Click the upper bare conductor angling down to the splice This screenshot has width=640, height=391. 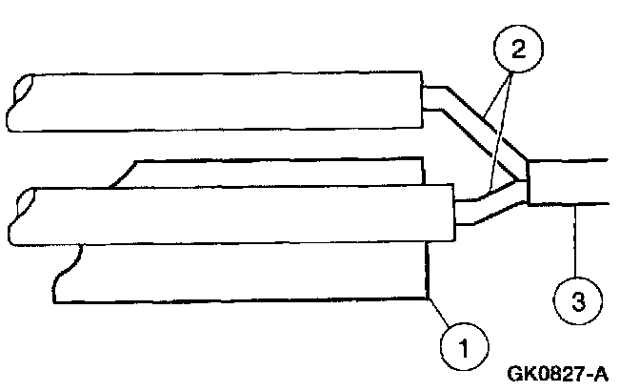[476, 129]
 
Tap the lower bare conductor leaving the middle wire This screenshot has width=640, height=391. [481, 209]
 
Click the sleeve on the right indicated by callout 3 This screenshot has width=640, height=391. [571, 181]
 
